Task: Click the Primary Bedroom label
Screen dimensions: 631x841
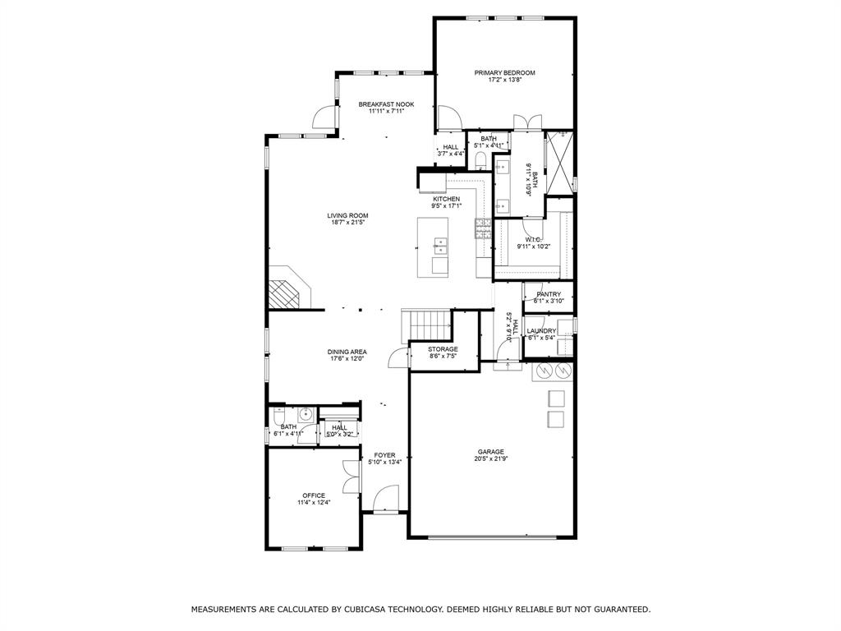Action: click(x=504, y=73)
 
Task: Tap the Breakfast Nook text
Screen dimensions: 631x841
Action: click(x=386, y=104)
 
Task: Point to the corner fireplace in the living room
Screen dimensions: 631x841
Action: click(x=285, y=289)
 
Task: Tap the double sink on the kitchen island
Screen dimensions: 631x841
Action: click(x=440, y=244)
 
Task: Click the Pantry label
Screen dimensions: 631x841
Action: click(x=549, y=294)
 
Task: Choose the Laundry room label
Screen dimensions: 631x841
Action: click(x=541, y=331)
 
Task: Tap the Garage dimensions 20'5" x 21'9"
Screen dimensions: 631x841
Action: click(x=492, y=458)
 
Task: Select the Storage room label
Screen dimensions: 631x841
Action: click(x=443, y=349)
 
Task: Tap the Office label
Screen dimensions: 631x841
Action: click(x=314, y=495)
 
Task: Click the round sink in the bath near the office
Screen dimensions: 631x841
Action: click(x=305, y=414)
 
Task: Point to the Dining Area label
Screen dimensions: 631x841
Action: click(x=347, y=352)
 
